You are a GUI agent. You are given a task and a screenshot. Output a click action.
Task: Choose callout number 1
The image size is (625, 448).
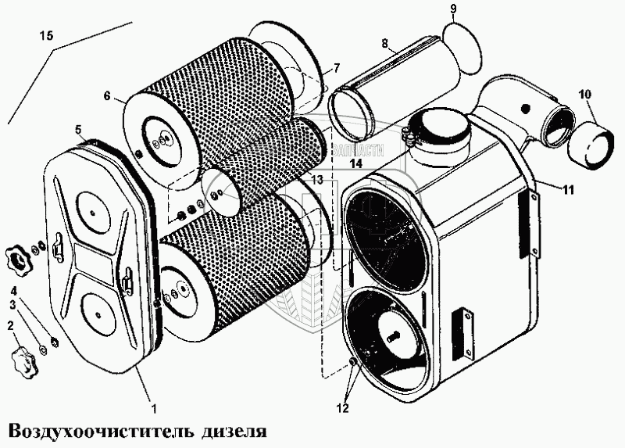click(x=155, y=407)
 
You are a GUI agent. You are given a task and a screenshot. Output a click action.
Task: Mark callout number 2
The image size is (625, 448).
click(x=10, y=325)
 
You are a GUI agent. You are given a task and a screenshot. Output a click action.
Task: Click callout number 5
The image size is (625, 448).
click(x=78, y=129)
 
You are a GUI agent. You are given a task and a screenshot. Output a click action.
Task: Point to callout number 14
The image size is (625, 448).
click(x=355, y=163)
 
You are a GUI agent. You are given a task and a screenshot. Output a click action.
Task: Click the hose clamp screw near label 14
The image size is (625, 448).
click(x=407, y=139)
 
